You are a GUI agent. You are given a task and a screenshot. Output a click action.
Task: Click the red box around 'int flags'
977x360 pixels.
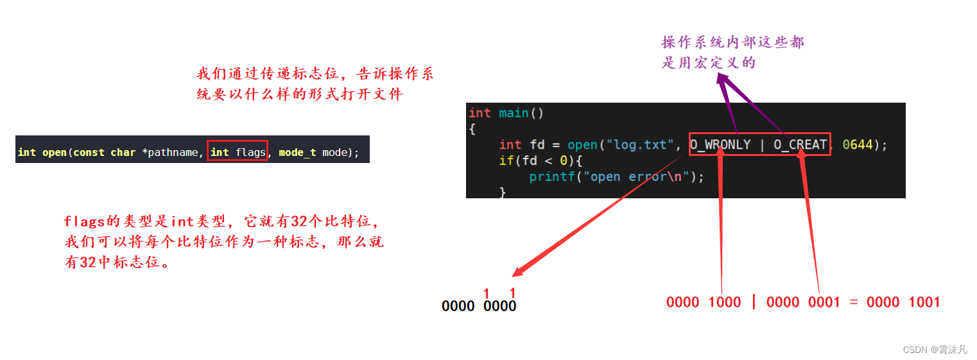pyautogui.click(x=237, y=152)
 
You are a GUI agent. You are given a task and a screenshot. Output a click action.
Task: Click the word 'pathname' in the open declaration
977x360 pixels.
pyautogui.click(x=173, y=153)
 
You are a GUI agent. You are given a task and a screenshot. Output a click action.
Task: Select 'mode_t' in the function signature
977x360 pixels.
pyautogui.click(x=297, y=153)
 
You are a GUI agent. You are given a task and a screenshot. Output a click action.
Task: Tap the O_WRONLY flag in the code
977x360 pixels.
pyautogui.click(x=720, y=145)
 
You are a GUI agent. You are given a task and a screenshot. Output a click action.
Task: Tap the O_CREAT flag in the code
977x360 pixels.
pyautogui.click(x=800, y=145)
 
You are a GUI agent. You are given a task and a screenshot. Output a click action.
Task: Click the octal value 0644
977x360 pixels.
pyautogui.click(x=858, y=145)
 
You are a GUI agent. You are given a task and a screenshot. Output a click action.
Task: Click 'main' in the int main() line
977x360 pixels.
pyautogui.click(x=514, y=114)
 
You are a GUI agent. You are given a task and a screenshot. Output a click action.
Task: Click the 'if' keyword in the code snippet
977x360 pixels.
pyautogui.click(x=506, y=160)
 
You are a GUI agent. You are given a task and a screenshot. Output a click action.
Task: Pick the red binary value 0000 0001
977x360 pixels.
pyautogui.click(x=802, y=302)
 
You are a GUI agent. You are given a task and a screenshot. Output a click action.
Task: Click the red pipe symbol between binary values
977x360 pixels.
pyautogui.click(x=754, y=302)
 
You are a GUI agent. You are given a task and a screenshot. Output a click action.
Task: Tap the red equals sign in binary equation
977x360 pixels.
pyautogui.click(x=853, y=302)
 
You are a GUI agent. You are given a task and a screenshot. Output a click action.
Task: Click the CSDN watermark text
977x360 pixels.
pyautogui.click(x=934, y=350)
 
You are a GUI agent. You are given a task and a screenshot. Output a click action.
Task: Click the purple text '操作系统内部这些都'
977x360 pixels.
pyautogui.click(x=733, y=43)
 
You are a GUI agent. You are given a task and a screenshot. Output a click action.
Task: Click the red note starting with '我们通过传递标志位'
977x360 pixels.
pyautogui.click(x=315, y=74)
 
